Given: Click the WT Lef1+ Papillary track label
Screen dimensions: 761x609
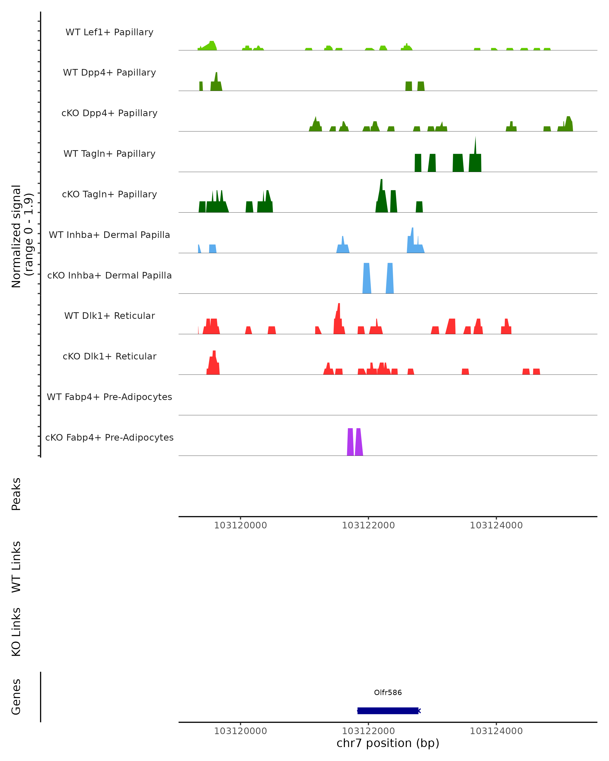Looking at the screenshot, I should (x=109, y=32).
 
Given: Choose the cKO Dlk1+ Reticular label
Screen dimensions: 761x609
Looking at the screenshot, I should (x=109, y=356).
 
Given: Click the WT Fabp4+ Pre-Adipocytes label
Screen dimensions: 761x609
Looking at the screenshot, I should (x=109, y=397).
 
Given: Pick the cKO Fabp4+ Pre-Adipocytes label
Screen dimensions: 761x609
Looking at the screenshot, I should (x=109, y=437).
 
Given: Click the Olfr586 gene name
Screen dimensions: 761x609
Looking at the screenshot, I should (x=388, y=692).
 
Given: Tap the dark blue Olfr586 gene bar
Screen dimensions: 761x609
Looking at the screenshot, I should (x=388, y=711).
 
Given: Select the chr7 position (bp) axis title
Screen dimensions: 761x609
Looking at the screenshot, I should (x=388, y=743).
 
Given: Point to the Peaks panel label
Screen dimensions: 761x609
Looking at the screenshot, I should (x=16, y=494).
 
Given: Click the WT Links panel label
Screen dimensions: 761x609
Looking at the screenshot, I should (x=16, y=566).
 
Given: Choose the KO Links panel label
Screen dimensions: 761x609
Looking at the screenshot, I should (x=16, y=632).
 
